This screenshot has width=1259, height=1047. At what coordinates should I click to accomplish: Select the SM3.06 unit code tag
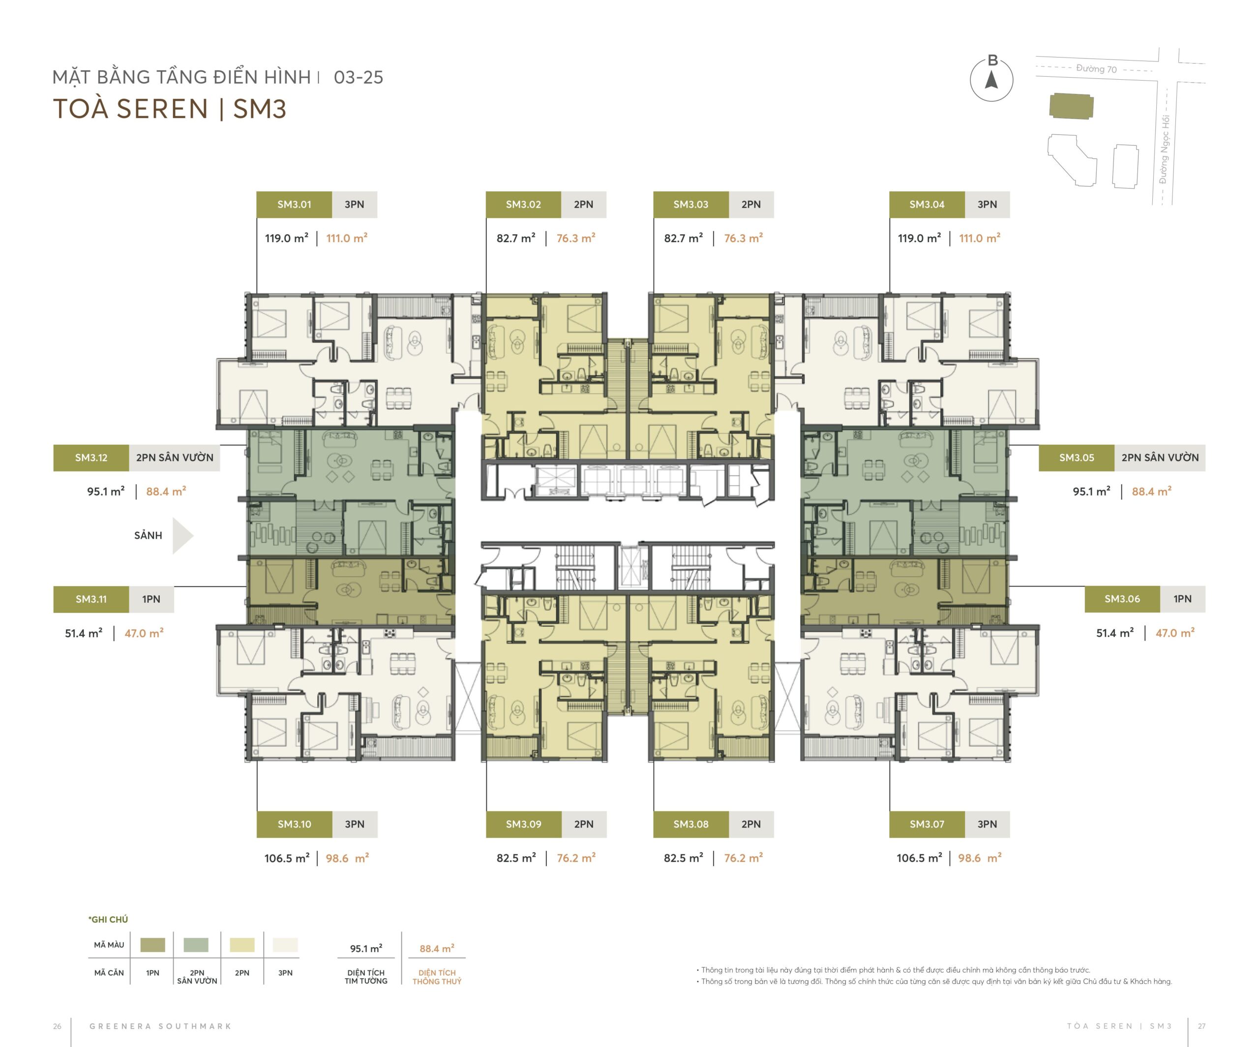[x=1122, y=599]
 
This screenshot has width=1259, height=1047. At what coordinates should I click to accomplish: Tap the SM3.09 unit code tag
[x=523, y=825]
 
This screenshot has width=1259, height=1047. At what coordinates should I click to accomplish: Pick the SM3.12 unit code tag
[x=91, y=458]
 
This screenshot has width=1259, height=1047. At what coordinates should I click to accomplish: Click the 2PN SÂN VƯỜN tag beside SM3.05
[x=1160, y=458]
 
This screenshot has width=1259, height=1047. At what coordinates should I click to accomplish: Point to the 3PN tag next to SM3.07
[x=988, y=825]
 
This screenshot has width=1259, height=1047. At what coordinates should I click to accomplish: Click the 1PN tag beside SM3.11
[x=151, y=599]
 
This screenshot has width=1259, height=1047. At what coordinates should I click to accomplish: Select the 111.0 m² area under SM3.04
[x=980, y=238]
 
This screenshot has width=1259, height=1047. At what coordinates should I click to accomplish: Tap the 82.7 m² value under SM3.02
[x=515, y=238]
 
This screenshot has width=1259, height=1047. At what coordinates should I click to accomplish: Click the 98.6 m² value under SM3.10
[x=347, y=858]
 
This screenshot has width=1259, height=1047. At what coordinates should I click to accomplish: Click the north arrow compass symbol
[x=991, y=79]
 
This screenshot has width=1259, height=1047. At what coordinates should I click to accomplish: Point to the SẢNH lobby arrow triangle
[x=183, y=535]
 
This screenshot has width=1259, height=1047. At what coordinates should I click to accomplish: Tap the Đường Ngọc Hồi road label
[x=1164, y=149]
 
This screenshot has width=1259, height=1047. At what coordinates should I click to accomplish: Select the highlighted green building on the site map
[x=1071, y=106]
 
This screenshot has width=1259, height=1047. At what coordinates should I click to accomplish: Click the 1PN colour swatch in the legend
[x=153, y=945]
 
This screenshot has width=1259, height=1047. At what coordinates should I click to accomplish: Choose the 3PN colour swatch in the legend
[x=285, y=945]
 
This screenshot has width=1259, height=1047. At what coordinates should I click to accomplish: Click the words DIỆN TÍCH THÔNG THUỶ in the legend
[x=437, y=977]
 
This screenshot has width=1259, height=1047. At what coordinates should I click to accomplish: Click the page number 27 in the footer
[x=1201, y=1026]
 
